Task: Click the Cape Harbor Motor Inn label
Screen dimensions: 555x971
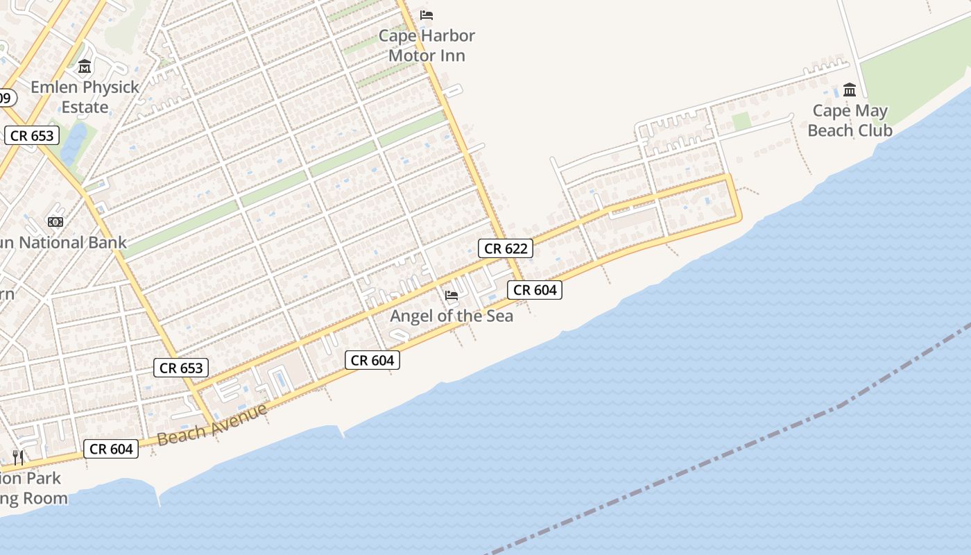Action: point(427,46)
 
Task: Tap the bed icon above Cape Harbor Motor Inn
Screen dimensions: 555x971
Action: point(427,15)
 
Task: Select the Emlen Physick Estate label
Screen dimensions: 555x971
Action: point(85,97)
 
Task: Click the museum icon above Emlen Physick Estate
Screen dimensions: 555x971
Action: point(85,67)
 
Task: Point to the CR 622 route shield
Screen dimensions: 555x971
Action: point(506,248)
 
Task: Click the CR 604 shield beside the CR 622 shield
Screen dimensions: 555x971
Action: point(535,290)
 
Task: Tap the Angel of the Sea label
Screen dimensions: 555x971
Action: point(452,316)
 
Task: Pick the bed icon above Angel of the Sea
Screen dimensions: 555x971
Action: point(452,296)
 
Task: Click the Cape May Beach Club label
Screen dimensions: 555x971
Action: point(850,121)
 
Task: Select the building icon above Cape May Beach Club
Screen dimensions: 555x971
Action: point(850,89)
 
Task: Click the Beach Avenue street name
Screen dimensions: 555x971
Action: point(212,425)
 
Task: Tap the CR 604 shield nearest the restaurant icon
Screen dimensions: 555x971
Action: point(111,449)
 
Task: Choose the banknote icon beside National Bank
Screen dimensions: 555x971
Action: point(55,222)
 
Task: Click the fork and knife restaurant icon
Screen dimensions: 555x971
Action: point(18,457)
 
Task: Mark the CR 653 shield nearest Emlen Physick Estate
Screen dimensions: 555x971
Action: point(32,135)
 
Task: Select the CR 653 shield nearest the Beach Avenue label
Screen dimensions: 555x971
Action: point(181,368)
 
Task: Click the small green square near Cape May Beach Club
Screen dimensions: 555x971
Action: point(741,121)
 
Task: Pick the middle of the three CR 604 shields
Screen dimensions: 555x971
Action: point(372,360)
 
